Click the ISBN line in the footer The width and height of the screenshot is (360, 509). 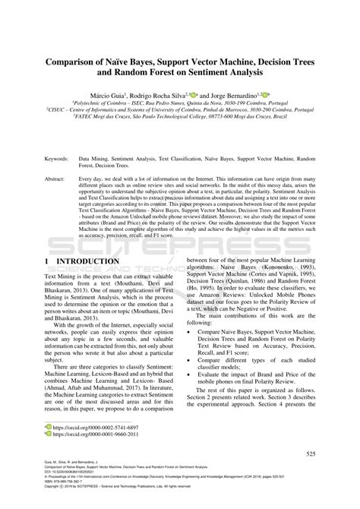61,490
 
